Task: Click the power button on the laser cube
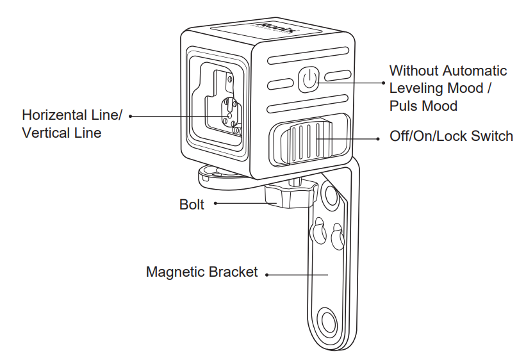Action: [x=308, y=79]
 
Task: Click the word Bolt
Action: [x=192, y=205]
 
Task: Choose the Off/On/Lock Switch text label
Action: [x=451, y=136]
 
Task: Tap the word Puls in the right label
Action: [x=403, y=106]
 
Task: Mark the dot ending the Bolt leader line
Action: [x=215, y=204]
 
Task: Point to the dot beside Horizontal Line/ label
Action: [x=130, y=117]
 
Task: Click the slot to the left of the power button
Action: [x=278, y=83]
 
